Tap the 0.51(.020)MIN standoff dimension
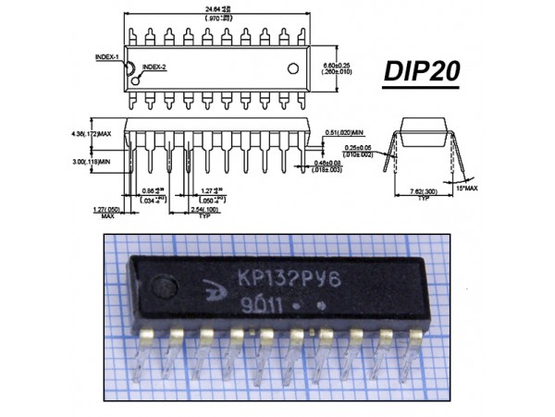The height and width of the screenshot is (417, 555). (345, 132)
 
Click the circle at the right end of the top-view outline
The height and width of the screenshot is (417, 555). (295, 68)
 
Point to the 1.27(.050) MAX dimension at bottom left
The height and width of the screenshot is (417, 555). (108, 212)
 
